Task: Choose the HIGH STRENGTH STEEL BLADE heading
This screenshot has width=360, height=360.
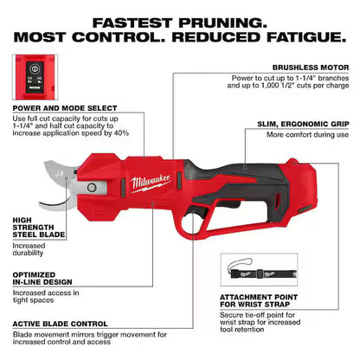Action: click(x=34, y=227)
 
